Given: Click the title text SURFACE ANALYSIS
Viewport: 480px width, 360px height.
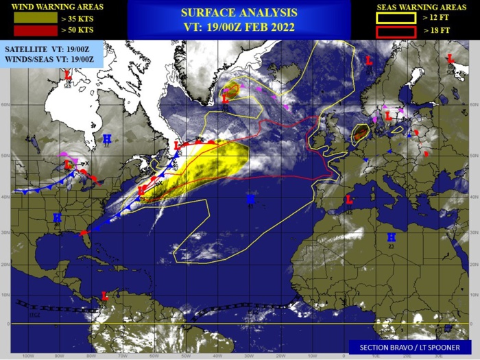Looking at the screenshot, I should (239, 12).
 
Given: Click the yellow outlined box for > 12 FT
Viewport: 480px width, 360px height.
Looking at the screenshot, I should (396, 19).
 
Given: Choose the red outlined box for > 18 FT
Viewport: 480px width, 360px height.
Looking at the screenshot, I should (396, 32).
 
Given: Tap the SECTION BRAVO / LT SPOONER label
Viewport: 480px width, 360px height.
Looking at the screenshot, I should (410, 348).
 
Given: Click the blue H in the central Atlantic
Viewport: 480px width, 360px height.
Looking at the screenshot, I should (250, 198).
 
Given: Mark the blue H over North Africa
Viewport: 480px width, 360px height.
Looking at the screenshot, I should (391, 237).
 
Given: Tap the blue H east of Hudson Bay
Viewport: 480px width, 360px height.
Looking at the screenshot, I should (107, 139).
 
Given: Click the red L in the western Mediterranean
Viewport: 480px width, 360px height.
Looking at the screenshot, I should (348, 200).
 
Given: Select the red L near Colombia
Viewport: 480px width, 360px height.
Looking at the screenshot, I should (105, 296).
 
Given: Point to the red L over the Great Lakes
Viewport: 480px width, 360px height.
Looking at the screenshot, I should (68, 165).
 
